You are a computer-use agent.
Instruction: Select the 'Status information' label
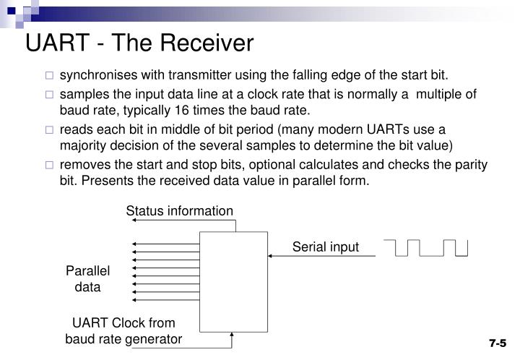180,211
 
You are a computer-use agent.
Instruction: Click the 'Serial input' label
325,247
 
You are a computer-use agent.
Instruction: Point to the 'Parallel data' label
88,278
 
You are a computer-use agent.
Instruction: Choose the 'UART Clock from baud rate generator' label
123,330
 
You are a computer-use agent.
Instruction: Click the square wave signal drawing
431,247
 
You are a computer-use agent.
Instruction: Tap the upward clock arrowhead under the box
232,333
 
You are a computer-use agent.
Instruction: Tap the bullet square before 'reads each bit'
49,129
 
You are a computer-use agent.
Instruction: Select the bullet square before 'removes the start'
49,165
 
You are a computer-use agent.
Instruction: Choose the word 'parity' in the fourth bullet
472,164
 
